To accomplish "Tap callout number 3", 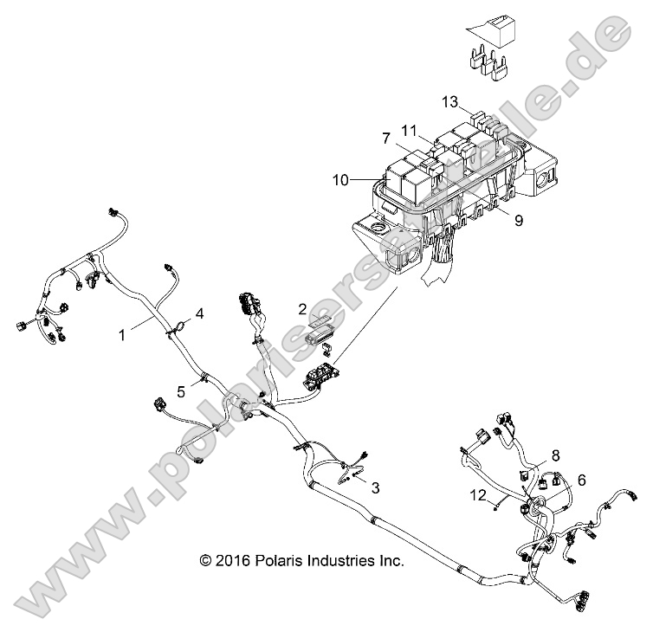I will point(375,488).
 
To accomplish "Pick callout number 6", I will point(581,479).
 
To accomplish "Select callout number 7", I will point(387,138).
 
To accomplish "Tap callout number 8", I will point(555,454).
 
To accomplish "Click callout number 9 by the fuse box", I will point(519,221).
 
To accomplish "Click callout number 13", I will point(449,101).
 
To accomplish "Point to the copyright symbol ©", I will point(205,560).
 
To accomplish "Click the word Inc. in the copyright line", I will point(390,560).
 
